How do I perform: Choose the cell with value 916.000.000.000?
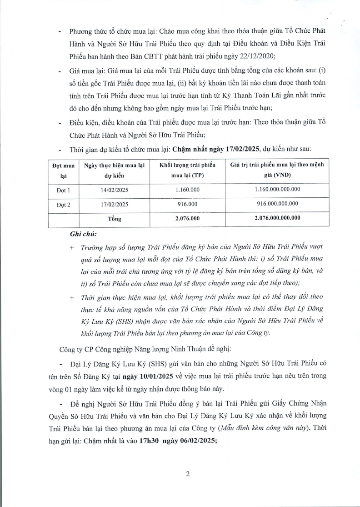point(277,204)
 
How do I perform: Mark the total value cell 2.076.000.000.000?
point(277,219)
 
